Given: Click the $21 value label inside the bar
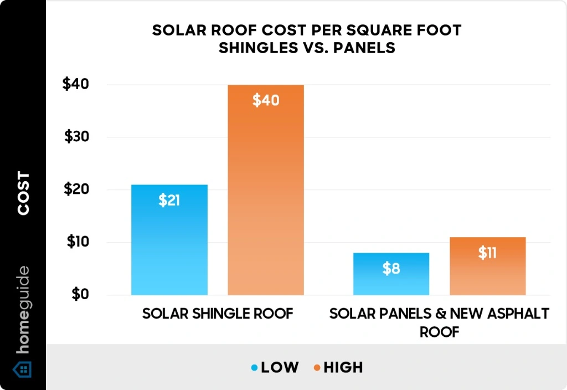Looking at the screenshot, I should click(x=169, y=201).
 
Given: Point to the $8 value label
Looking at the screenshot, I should click(x=391, y=269).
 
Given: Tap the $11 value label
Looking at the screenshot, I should click(x=487, y=253).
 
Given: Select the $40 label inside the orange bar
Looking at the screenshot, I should click(x=266, y=101).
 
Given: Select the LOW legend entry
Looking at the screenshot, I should click(x=275, y=367).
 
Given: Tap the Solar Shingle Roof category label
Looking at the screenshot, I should click(x=217, y=314).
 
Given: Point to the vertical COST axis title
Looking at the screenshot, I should click(x=23, y=194).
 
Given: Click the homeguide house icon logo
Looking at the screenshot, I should click(x=23, y=369).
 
